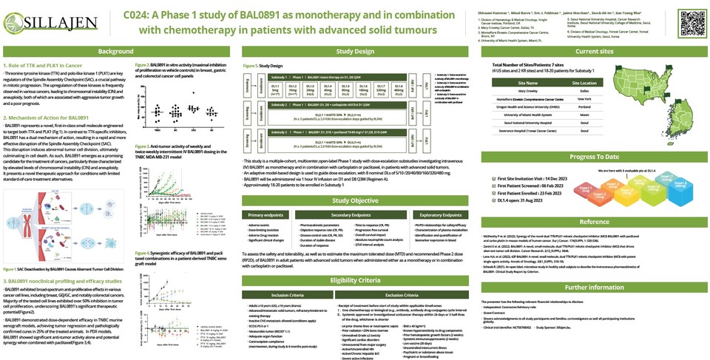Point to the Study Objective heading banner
[x=354, y=200]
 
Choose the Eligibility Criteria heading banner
[x=354, y=281]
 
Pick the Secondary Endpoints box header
[x=354, y=214]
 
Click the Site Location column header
[x=584, y=84]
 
